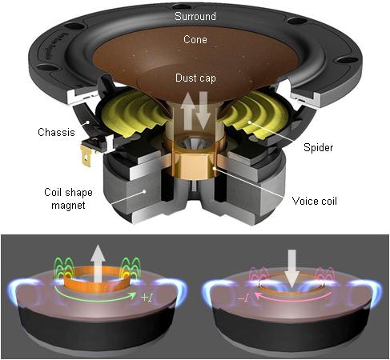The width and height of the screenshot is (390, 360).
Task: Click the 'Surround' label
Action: click(195, 16)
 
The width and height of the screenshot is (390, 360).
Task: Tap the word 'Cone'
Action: click(195, 39)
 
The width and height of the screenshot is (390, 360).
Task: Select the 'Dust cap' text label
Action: click(195, 78)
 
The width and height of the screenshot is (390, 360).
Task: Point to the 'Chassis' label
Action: click(56, 132)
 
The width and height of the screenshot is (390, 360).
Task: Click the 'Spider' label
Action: click(319, 147)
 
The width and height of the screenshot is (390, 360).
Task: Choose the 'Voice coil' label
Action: click(315, 201)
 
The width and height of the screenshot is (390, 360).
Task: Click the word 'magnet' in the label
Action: click(69, 206)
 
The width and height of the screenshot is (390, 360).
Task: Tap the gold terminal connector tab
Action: click(86, 157)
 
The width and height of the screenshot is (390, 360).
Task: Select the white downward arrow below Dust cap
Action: click(203, 110)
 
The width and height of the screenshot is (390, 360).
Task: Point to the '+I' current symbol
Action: click(147, 297)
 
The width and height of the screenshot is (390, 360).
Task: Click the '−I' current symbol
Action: click(243, 297)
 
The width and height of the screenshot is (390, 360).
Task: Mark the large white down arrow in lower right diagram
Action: click(293, 269)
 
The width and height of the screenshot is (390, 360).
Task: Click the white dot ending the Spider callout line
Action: click(250, 122)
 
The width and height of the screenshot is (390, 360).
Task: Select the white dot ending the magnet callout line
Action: click(144, 191)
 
